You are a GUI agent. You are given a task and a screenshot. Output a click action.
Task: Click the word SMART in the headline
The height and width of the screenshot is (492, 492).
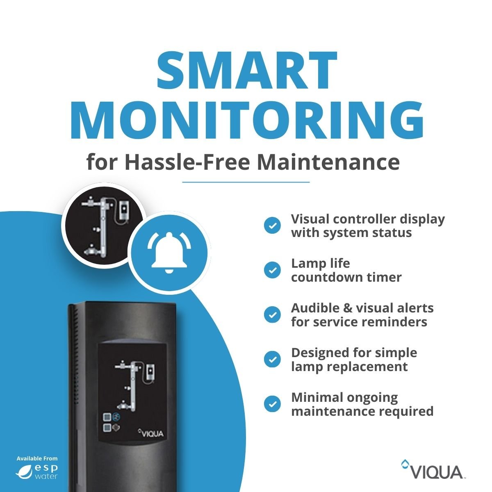pos(247,70)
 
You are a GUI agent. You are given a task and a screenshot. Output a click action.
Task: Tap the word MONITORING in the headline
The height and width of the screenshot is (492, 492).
pos(247,120)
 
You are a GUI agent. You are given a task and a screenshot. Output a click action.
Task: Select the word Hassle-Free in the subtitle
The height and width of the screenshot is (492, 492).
pos(187,162)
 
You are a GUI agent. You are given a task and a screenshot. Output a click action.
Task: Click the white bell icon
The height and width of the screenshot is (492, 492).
pos(169,253)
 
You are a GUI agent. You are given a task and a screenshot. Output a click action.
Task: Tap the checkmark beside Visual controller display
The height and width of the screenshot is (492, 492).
pos(272,225)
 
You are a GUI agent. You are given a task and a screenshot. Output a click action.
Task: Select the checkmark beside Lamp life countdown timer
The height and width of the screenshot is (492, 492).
pos(272,270)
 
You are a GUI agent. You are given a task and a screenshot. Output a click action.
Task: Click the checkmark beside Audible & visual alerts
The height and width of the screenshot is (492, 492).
pos(272,315)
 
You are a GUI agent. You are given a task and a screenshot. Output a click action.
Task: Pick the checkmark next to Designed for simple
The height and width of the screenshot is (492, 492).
pos(272,360)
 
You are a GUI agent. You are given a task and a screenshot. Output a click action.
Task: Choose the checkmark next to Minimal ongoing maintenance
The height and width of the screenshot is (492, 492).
pos(272,404)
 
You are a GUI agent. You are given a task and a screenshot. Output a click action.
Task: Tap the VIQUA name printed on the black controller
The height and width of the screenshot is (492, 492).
pos(151,433)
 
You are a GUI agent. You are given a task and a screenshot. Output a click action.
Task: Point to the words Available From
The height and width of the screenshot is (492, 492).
pos(37,458)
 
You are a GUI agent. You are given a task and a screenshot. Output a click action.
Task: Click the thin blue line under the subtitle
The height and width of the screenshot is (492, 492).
pos(246,182)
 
